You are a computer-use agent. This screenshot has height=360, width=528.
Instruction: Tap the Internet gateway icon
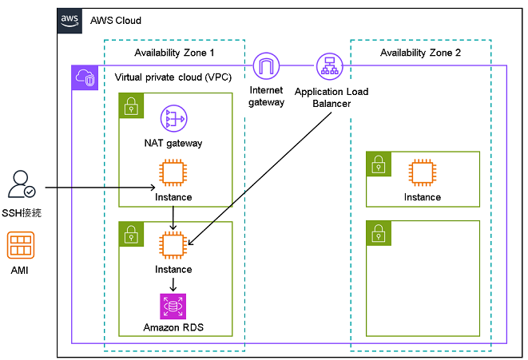(x=267, y=65)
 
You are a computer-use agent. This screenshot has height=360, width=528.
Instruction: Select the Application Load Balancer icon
(x=328, y=65)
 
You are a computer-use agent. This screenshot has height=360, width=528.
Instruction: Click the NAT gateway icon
(x=173, y=119)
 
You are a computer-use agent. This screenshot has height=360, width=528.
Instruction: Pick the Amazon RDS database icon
(x=173, y=306)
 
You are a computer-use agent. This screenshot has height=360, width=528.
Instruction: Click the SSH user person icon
(x=21, y=184)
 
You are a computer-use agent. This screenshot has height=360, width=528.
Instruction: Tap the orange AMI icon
(x=21, y=245)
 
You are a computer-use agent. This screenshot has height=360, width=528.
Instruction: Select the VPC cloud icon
(x=84, y=77)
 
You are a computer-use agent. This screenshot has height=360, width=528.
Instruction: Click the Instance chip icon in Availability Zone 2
(x=422, y=172)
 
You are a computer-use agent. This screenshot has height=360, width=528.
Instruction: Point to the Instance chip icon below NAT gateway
(x=173, y=173)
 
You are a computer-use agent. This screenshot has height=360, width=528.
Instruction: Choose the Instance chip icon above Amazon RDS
(x=173, y=245)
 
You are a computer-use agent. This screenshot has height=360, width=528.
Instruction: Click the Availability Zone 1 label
(x=174, y=53)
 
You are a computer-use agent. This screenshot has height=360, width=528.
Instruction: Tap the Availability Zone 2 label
(x=420, y=53)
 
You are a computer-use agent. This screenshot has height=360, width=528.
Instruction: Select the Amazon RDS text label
(x=173, y=327)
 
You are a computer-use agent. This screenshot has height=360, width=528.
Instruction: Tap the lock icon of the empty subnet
(x=377, y=232)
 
